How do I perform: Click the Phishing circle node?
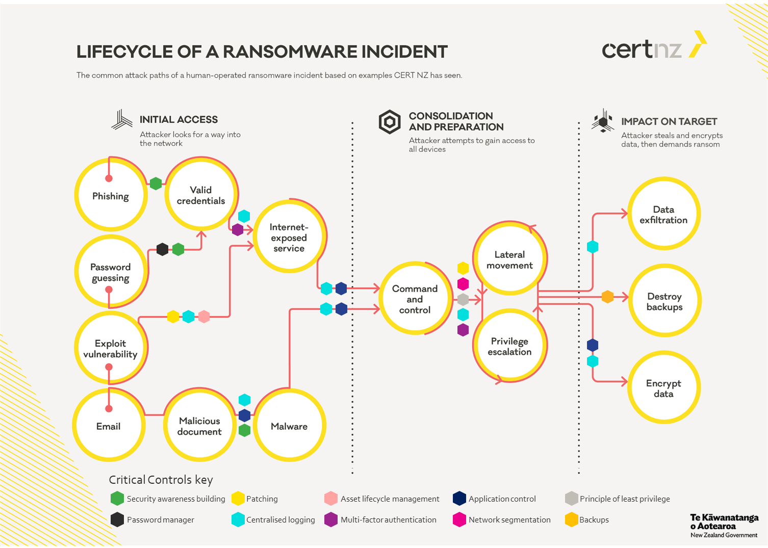(x=111, y=195)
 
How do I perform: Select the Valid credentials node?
(x=201, y=194)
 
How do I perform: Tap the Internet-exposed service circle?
(x=289, y=237)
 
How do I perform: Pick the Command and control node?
(x=415, y=299)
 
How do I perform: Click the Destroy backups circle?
(x=664, y=301)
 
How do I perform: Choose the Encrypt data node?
(x=664, y=387)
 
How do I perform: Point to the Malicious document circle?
(x=199, y=425)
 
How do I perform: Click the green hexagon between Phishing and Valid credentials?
(x=156, y=184)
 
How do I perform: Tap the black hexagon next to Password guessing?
(x=162, y=249)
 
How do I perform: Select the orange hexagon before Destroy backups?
(x=607, y=297)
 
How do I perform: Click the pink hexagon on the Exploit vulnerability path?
(x=204, y=317)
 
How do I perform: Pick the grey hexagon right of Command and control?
(x=463, y=300)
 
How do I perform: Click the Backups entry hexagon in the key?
(x=572, y=519)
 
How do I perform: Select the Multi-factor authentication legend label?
(x=389, y=520)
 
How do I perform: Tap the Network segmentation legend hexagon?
(x=459, y=519)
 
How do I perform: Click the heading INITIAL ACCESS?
(x=178, y=120)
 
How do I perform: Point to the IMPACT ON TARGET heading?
(x=669, y=122)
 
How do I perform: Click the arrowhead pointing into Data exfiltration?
(x=624, y=214)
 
